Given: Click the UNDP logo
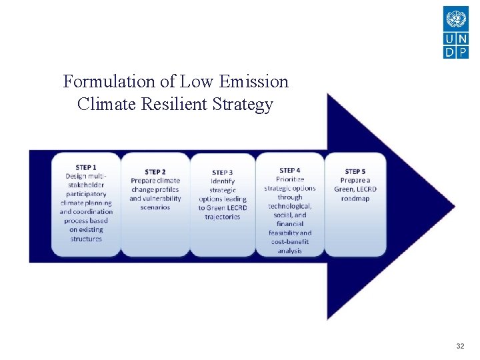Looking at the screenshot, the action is pos(456,32).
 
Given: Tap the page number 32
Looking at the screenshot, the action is pos(460,346).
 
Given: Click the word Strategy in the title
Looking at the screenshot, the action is pos(245,105).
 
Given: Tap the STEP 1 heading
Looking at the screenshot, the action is pos(86,167).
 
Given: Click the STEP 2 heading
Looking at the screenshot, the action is pos(155,172).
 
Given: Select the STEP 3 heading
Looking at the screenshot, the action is pos(223,173).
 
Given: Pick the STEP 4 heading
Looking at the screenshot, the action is pos(289,171).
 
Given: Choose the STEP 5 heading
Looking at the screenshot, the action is pos(355,171).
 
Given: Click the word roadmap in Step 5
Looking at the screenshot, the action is pos(355,198).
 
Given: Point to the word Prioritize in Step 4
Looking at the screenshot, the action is pos(289,179).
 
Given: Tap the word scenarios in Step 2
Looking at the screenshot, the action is pos(155,207).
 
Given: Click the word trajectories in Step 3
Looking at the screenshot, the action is pos(223,217).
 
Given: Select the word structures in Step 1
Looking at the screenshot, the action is pos(86,239).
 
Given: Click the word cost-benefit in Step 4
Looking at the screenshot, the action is pos(289,242).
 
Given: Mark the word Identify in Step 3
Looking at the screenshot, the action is pos(223,181).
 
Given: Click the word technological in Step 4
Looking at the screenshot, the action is pos(289,206).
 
